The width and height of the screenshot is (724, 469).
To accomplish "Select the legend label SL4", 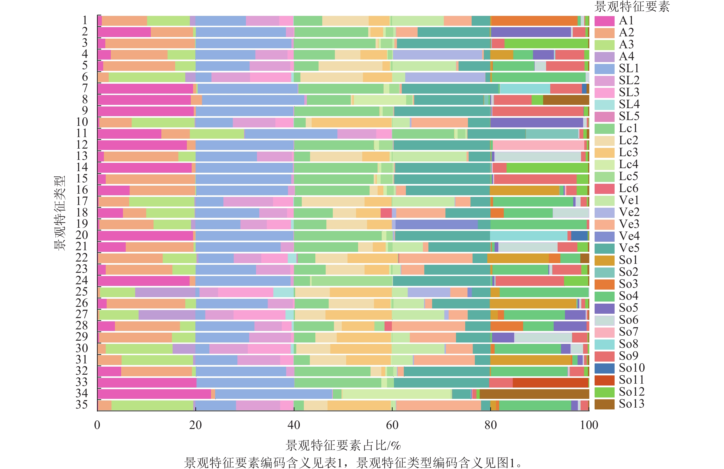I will point(629,104).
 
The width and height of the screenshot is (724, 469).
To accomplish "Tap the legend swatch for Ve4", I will point(604,236).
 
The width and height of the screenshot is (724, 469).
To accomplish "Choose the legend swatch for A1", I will point(604,21).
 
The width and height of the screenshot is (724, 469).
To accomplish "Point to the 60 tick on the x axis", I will point(392,425).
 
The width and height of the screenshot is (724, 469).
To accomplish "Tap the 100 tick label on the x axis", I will point(589,425).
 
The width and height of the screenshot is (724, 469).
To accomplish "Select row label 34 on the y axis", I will point(82,393).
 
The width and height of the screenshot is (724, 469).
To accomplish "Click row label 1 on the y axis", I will point(85,20).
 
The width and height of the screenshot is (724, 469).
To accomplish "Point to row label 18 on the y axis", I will point(82,213).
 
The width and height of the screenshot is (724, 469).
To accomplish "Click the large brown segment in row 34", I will point(534,394).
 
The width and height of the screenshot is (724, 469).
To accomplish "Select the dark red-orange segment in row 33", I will point(550,382).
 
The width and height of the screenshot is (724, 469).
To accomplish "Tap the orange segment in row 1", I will point(534,21).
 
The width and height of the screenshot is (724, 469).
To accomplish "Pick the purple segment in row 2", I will point(531,32).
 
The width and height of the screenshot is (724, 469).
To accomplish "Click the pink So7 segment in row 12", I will point(538,145).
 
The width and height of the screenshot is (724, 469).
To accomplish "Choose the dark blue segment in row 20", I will point(579,236).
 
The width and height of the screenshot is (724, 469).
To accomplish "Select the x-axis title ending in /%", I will point(343,445).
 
